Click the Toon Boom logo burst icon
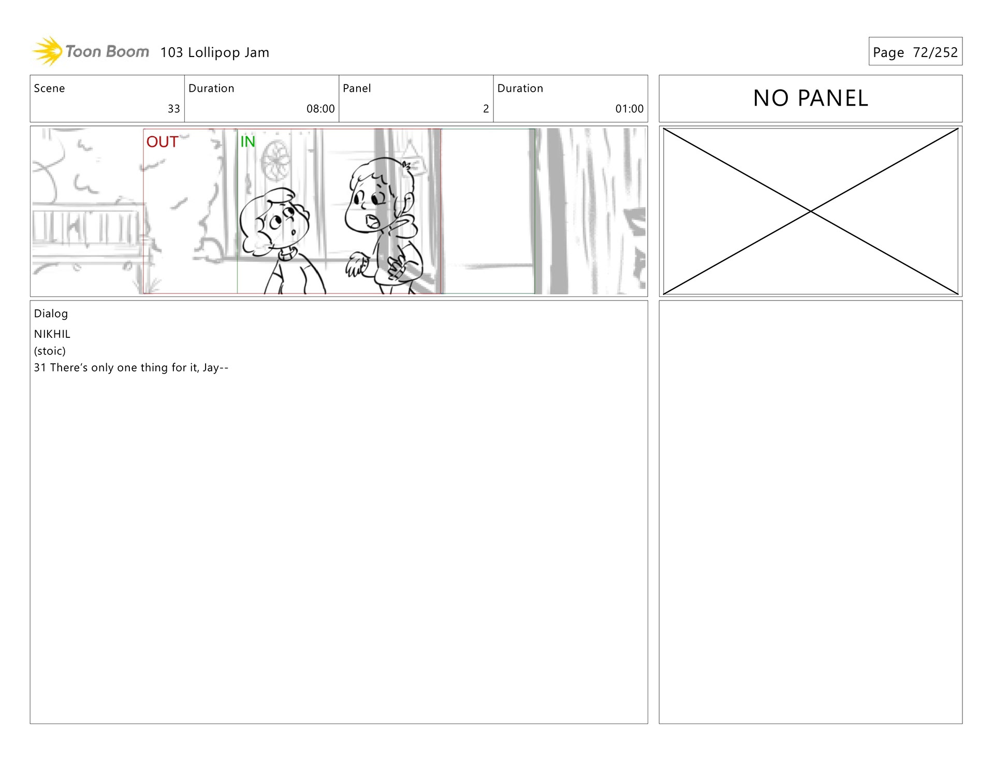[x=48, y=51]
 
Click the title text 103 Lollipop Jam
[x=214, y=52]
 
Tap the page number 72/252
[x=935, y=52]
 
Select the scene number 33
[x=174, y=109]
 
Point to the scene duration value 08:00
[x=320, y=109]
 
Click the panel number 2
[x=486, y=109]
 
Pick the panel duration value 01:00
[x=629, y=109]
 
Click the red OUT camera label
[x=162, y=142]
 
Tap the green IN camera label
[x=247, y=141]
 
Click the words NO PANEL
[x=810, y=98]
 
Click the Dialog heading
[x=51, y=314]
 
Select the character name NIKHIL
[x=52, y=334]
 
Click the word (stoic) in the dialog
[x=50, y=351]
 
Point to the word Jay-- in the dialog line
[x=215, y=368]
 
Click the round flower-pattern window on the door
[x=276, y=160]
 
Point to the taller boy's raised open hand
[x=356, y=265]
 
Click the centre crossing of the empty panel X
[x=811, y=211]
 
